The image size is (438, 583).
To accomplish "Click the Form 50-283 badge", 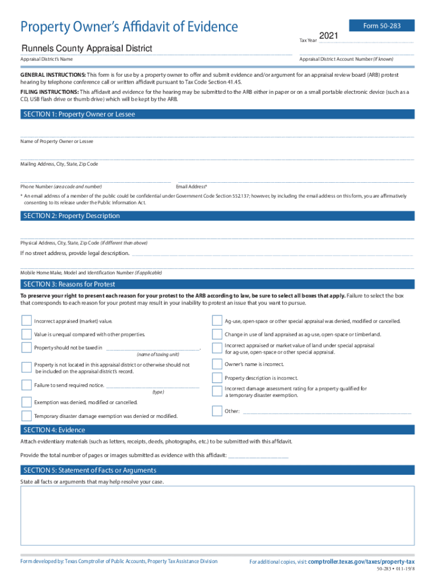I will click(x=389, y=26).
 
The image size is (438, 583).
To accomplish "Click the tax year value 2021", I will click(x=329, y=36).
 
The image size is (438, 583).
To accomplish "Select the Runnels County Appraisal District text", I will click(x=86, y=48).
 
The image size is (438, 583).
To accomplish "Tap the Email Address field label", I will click(x=192, y=187).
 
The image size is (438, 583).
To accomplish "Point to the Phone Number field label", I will click(x=61, y=187).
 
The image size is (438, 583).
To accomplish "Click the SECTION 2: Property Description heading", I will click(x=71, y=216).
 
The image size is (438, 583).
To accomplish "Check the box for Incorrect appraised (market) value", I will click(x=26, y=321).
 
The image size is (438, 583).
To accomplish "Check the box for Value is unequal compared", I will click(x=26, y=334).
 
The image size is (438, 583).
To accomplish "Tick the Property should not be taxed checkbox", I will click(x=26, y=347).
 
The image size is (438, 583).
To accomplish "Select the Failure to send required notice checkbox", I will click(x=26, y=385).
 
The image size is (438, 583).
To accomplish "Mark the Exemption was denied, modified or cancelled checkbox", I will click(x=26, y=402).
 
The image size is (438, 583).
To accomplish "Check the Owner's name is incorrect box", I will click(x=217, y=364).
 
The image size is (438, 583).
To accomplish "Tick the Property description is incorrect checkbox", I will click(x=217, y=378).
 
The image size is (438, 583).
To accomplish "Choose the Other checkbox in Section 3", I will click(x=217, y=410).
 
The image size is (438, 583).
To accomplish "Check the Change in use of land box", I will click(x=217, y=334).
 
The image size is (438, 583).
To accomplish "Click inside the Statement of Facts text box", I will click(x=218, y=518).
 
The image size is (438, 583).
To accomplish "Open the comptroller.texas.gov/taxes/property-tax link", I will click(x=361, y=561).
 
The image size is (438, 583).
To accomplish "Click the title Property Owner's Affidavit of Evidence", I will click(x=129, y=26).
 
